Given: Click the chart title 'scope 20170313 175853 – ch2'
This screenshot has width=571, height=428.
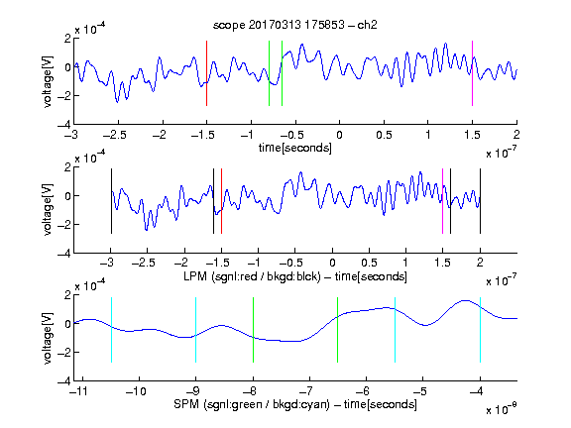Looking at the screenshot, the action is (x=295, y=25).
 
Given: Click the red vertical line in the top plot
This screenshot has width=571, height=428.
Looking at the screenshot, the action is (x=207, y=73).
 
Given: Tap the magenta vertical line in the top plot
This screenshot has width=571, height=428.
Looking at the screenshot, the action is (x=472, y=73).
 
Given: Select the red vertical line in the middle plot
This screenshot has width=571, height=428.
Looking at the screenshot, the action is (x=221, y=201).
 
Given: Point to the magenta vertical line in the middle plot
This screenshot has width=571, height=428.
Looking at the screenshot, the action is (x=442, y=201).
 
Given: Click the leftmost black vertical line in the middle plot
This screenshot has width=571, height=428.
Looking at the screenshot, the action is (x=111, y=201).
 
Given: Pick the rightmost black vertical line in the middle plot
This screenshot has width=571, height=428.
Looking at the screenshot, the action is (x=480, y=201).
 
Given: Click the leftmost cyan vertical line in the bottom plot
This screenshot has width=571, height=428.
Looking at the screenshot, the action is (x=111, y=330).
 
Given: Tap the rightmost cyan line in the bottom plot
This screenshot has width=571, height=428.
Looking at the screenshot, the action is (x=480, y=330).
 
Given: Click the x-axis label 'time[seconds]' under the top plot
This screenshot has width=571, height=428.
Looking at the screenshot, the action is (x=295, y=148).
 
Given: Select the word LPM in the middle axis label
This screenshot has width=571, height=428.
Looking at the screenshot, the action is (x=195, y=276).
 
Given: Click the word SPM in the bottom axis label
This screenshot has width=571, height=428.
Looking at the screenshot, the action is (x=186, y=404).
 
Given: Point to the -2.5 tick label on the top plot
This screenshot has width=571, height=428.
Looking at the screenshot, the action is (x=114, y=135).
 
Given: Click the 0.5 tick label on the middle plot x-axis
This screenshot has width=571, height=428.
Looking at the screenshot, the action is (x=369, y=263).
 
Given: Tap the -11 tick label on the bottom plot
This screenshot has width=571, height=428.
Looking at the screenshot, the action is (x=79, y=391).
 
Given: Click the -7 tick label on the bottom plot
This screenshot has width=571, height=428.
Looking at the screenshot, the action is (x=308, y=391).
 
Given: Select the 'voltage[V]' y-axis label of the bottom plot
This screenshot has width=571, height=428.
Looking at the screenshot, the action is (x=48, y=338).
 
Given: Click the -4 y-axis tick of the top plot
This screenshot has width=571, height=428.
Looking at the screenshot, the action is (x=64, y=125).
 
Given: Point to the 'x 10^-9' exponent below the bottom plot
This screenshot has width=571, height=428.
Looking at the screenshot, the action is (x=501, y=409).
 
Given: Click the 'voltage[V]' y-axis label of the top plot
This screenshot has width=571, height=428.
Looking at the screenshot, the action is (x=48, y=81).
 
